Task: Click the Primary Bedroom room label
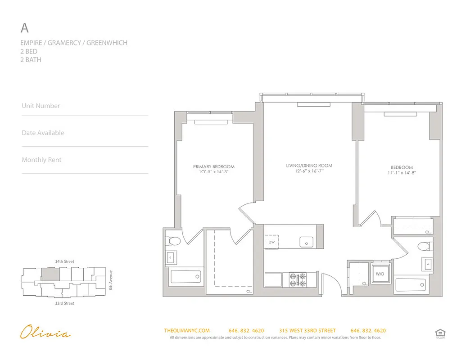click(214, 166)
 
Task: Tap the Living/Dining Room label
click(309, 166)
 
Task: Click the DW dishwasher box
click(271, 242)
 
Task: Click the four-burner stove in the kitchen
click(298, 279)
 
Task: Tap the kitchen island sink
click(307, 242)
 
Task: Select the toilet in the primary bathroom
click(172, 241)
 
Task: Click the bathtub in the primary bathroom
click(186, 276)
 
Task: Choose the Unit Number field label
click(41, 106)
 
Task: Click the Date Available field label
click(43, 133)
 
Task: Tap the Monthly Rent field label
click(41, 160)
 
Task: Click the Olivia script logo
click(45, 333)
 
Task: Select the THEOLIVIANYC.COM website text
click(187, 331)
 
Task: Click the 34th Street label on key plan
click(64, 261)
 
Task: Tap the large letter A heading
click(25, 28)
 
